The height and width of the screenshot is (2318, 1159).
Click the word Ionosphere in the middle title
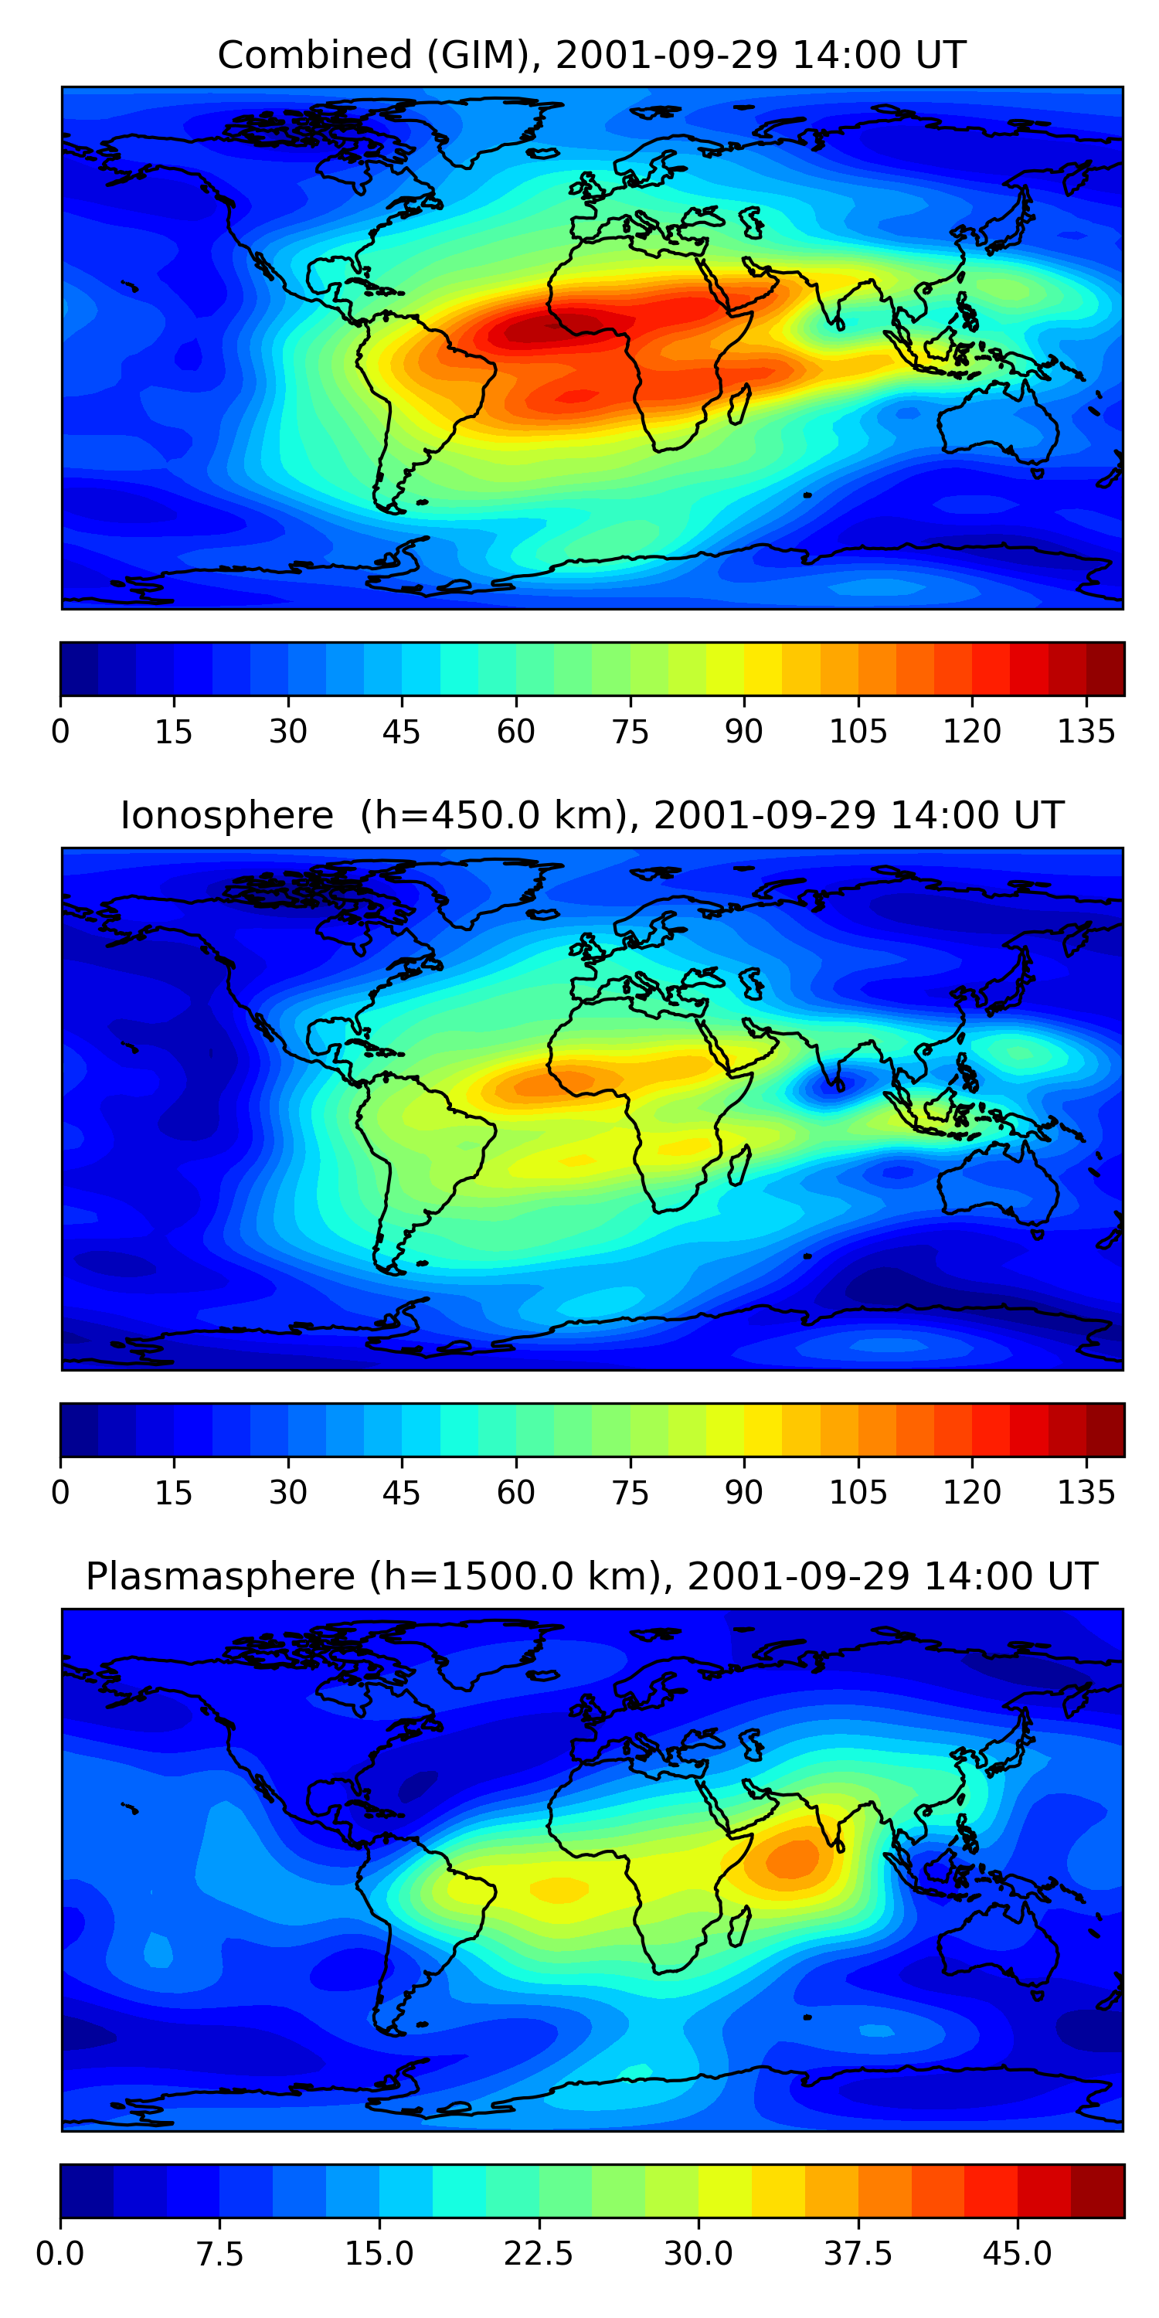point(226,815)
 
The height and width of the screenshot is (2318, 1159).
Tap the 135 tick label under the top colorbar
point(1086,732)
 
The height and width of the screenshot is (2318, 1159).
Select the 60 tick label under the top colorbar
point(515,732)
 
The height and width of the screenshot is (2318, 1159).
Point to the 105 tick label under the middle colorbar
point(858,1493)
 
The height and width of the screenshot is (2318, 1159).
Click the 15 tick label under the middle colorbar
point(174,1493)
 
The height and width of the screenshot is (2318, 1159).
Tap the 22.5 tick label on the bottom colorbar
point(538,2254)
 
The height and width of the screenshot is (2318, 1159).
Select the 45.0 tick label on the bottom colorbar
point(1017,2254)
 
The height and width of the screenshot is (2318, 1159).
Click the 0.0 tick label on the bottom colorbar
point(60,2254)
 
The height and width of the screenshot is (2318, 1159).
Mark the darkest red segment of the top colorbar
point(1105,668)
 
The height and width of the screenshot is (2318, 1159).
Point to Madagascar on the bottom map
point(740,1926)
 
